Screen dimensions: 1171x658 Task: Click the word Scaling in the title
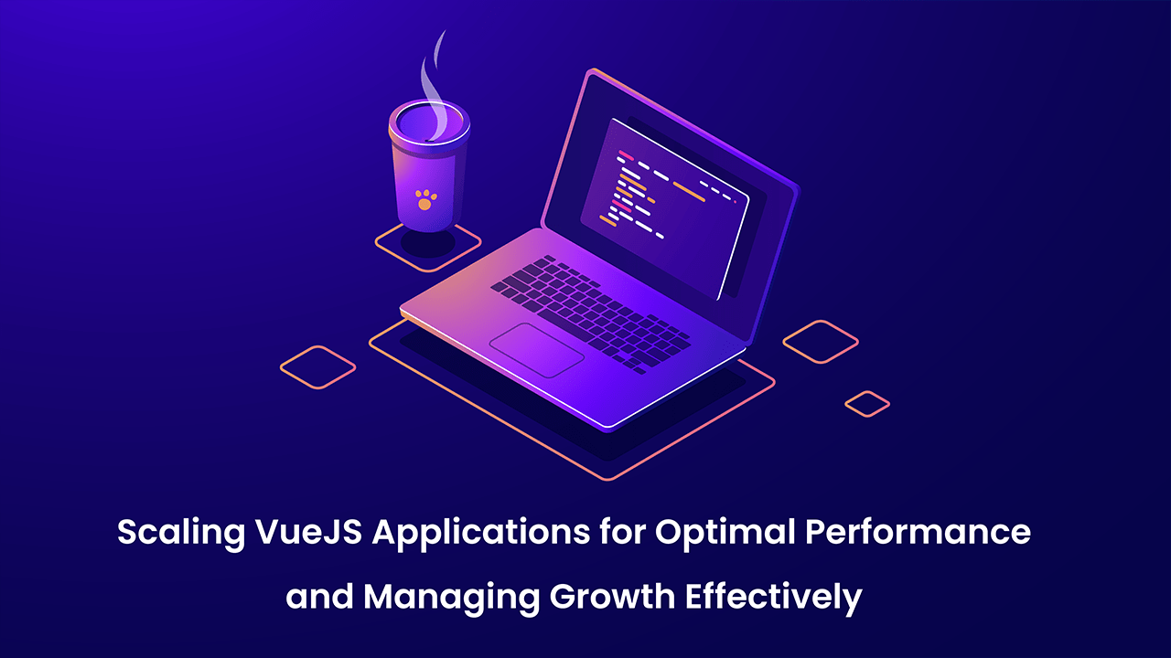(x=181, y=534)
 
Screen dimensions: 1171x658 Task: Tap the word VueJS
(x=309, y=532)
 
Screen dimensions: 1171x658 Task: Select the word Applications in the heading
(x=481, y=534)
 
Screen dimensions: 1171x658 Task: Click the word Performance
(x=918, y=532)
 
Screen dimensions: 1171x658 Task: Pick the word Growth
(x=613, y=596)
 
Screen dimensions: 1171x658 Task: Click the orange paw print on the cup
(x=426, y=199)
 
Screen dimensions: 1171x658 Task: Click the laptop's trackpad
(x=537, y=350)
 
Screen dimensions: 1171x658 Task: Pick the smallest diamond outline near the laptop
(x=867, y=404)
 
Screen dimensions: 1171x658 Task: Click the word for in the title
(x=623, y=532)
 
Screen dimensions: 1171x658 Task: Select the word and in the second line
(x=319, y=596)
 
